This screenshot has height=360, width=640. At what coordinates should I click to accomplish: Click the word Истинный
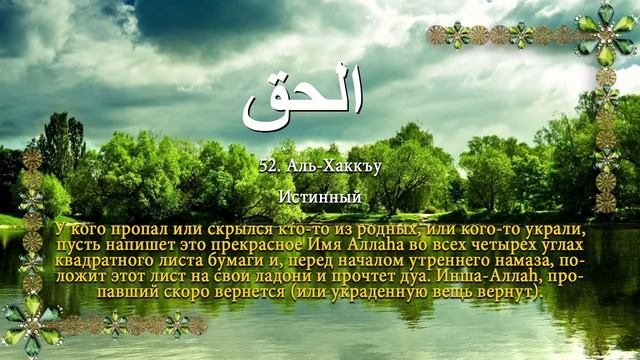[x=320, y=196]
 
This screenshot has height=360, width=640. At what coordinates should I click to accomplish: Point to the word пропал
[x=127, y=227]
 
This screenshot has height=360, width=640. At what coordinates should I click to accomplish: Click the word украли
[x=554, y=227]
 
